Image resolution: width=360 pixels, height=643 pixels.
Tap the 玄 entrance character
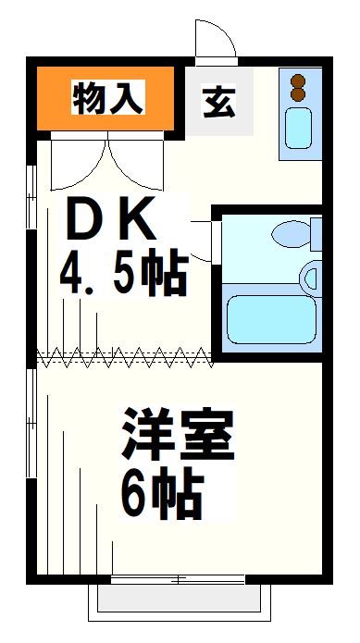(217, 100)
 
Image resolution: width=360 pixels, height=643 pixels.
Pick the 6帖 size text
(158, 497)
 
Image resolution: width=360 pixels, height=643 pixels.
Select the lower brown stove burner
(298, 94)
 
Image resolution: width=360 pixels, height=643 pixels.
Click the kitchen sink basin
(299, 128)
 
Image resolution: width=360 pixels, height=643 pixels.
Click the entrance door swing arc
(214, 39)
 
